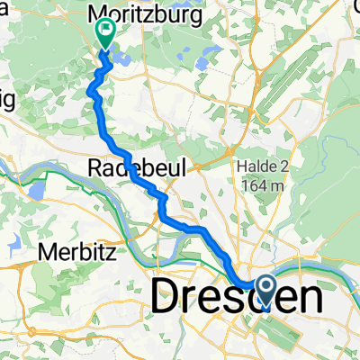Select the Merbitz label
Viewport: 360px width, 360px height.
click(77, 253)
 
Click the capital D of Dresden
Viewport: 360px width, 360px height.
click(167, 296)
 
